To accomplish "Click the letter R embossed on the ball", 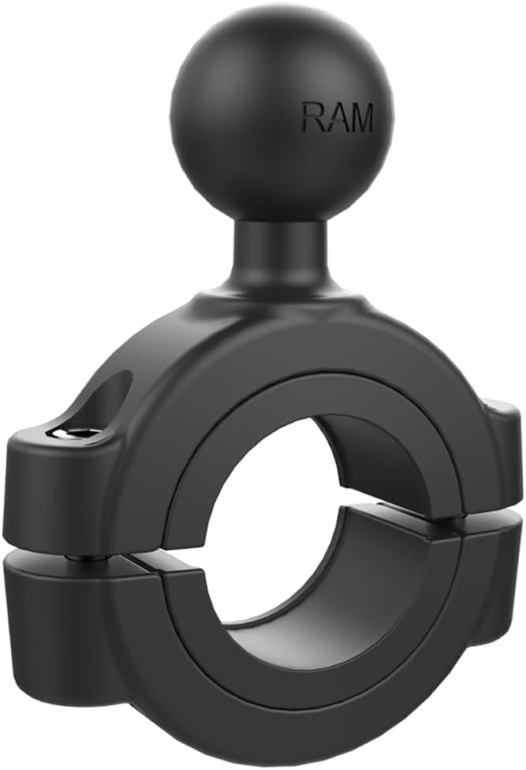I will click(310, 118).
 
